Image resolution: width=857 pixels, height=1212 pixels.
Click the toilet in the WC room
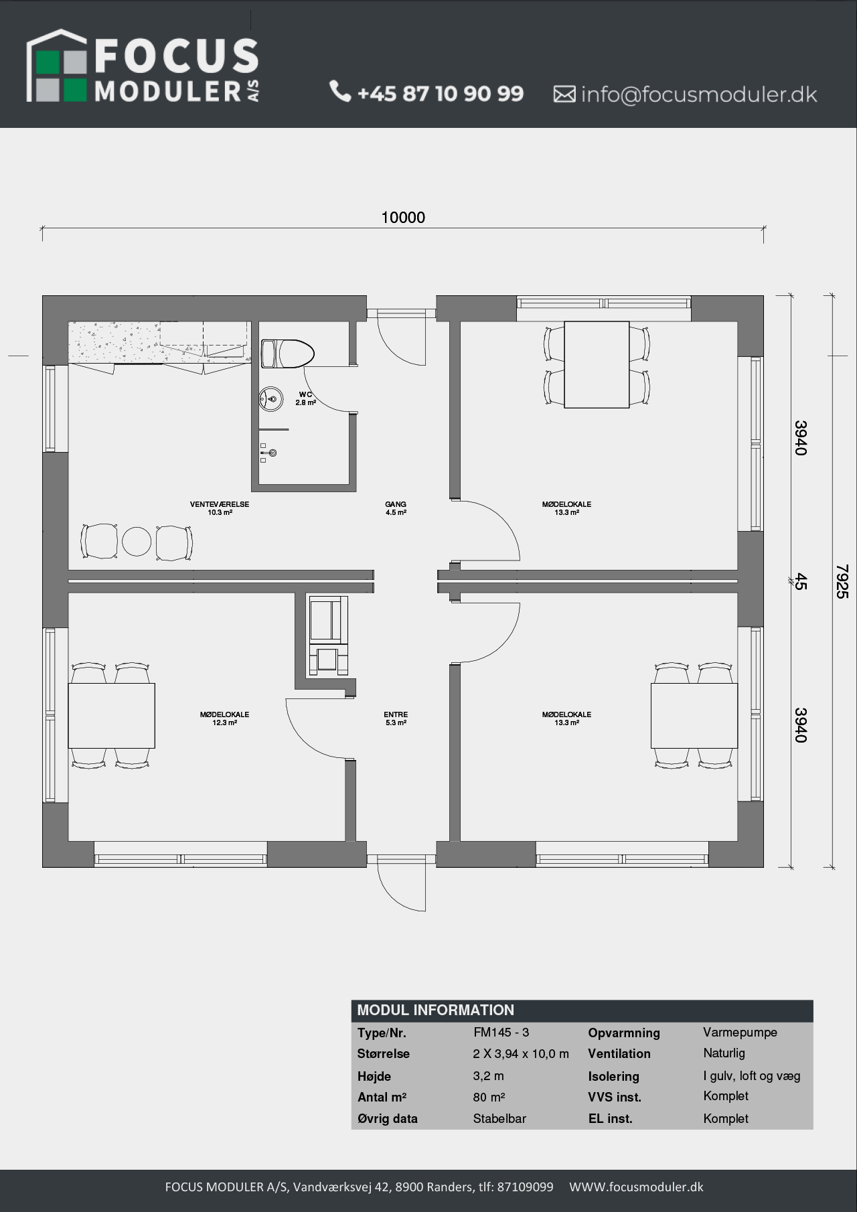click(x=287, y=354)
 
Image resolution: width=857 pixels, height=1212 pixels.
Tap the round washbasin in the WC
click(x=271, y=399)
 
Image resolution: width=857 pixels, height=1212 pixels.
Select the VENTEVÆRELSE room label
click(x=220, y=508)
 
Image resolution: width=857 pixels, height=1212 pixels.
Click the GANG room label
click(x=396, y=508)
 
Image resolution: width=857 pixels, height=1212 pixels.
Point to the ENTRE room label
click(x=396, y=718)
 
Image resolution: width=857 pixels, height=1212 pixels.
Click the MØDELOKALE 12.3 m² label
click(x=224, y=718)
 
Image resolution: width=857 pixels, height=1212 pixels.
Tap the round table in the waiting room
click(x=137, y=542)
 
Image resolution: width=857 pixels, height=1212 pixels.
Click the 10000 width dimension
click(x=403, y=217)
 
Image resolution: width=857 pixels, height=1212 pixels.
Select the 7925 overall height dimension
click(x=842, y=581)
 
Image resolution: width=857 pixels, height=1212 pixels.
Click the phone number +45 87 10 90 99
click(x=441, y=93)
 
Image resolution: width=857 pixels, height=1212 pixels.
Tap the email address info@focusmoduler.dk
click(x=699, y=94)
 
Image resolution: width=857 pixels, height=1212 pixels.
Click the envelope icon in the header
click(x=564, y=94)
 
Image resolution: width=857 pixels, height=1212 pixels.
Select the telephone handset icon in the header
click(x=340, y=91)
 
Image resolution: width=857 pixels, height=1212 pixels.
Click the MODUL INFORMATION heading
click(x=436, y=1010)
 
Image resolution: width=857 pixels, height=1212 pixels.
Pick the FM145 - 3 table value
click(x=501, y=1032)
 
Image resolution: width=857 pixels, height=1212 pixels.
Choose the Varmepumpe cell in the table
click(x=740, y=1033)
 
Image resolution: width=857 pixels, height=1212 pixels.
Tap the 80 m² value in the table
click(x=489, y=1097)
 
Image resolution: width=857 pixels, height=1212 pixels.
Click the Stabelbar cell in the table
click(x=499, y=1118)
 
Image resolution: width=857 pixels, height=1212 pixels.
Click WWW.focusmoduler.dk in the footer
click(x=636, y=1187)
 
